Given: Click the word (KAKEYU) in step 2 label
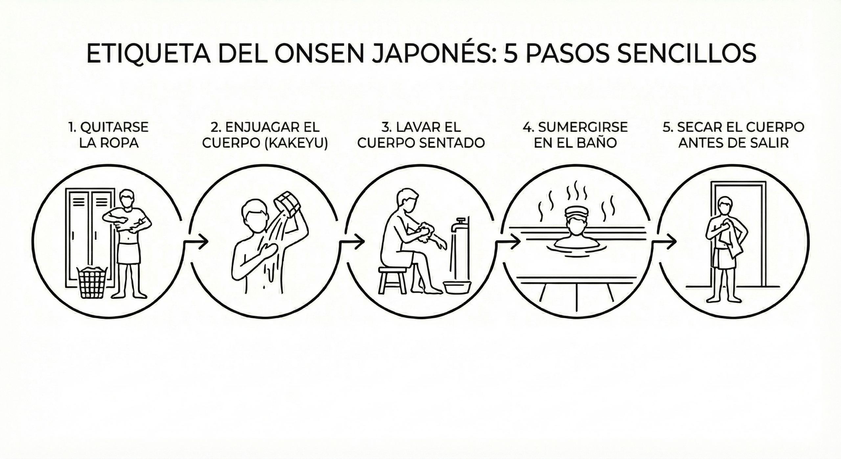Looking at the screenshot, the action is [296, 143].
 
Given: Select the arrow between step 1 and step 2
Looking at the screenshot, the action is [196, 242].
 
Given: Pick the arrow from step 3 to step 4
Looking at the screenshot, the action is [508, 242].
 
